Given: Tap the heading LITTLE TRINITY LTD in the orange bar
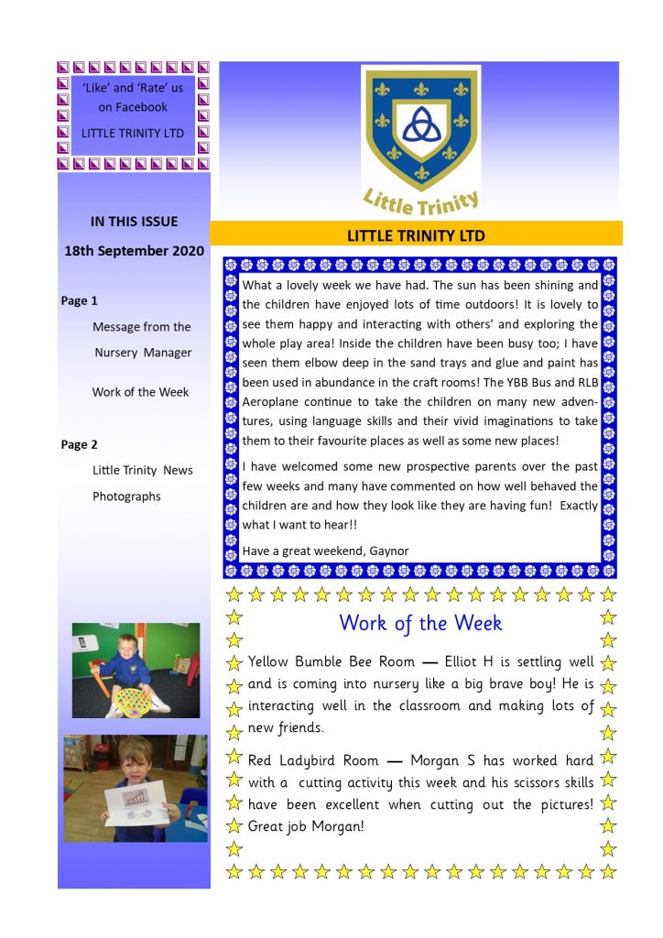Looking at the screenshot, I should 416,235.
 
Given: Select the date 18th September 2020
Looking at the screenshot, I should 134,250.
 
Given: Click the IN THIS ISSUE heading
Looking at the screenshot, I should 134,221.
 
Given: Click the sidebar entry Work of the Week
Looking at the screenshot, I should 140,392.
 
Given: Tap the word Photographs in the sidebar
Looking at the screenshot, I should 126,496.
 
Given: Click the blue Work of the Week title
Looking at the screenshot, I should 420,623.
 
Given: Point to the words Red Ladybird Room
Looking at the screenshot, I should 310,759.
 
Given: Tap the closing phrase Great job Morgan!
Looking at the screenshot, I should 306,825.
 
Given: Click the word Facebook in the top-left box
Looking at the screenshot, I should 134,107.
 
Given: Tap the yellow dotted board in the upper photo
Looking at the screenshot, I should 134,700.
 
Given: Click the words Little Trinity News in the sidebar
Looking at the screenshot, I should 143,470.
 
